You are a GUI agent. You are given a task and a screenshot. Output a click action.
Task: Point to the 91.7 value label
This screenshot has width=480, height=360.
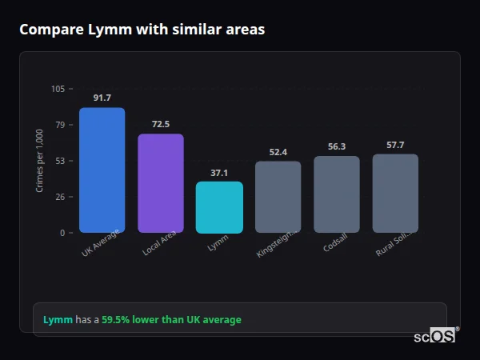click(x=102, y=98)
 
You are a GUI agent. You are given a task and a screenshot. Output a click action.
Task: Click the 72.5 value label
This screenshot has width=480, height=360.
click(x=161, y=124)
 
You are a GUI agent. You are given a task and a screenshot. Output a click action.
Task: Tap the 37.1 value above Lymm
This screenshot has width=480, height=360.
click(x=219, y=172)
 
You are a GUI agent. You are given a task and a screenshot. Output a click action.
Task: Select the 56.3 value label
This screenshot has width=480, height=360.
click(x=337, y=146)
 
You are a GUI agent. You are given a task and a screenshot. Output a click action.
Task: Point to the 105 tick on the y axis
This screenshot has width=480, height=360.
click(x=58, y=89)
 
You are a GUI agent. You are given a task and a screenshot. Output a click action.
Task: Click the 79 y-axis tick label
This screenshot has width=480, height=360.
click(x=60, y=125)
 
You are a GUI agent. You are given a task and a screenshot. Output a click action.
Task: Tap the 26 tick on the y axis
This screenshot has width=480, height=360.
click(x=60, y=197)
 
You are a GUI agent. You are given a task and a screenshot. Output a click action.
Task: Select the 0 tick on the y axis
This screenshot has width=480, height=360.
click(x=62, y=233)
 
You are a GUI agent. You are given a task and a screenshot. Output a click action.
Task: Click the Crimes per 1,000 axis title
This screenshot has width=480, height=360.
click(x=39, y=161)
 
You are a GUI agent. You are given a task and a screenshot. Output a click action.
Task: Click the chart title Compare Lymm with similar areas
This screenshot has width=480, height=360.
click(x=142, y=30)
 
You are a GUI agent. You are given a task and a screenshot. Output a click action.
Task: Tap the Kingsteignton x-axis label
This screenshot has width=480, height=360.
click(x=277, y=242)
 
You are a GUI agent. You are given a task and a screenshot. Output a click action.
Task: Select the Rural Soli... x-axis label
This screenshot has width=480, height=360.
click(x=394, y=242)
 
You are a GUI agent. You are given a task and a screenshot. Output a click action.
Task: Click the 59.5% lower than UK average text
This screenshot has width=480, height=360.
click(x=170, y=320)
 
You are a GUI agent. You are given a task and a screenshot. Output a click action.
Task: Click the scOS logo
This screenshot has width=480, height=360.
click(x=435, y=336)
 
